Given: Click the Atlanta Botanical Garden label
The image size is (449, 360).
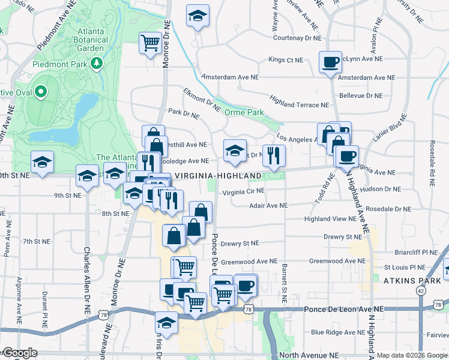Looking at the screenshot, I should coord(97,40).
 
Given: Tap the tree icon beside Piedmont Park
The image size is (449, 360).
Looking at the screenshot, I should coord(96,62).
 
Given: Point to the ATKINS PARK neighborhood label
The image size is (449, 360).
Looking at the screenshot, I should coord(409,280).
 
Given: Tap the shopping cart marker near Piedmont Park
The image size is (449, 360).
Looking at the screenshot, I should coord(149,43).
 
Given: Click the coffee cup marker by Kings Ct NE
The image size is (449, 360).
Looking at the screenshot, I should coord(330,62).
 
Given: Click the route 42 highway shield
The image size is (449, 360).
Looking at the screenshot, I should coord(420,291).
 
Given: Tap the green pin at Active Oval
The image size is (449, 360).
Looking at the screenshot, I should coord(41,92).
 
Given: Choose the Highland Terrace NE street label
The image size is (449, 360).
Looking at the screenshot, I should coord(300,104).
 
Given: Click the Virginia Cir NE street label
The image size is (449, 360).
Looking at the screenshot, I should coord(243,192).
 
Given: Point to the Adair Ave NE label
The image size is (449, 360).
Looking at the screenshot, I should coord(268,205).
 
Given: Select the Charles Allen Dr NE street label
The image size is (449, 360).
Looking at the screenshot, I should coord(86,276).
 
